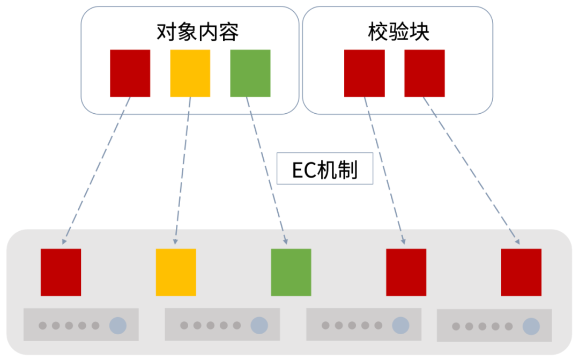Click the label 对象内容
pos(197,32)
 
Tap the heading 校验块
pos(398,32)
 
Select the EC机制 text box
pos(324,168)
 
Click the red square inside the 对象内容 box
pos(130,73)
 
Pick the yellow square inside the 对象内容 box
pos(190,73)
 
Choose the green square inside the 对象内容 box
pos(250,73)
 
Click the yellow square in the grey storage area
pos(176,273)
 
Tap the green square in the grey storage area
pos(291,273)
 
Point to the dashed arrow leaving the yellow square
pos(183,171)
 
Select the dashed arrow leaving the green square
pos(266,171)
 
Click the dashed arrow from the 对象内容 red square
pos(96,171)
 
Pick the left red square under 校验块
pos(365,73)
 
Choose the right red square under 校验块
pos(425,73)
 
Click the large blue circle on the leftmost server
pos(118,326)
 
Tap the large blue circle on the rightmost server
pos(531,326)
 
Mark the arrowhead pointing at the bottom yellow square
pos(175,242)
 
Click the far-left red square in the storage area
pos(61,273)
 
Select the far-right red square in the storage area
pos(521,273)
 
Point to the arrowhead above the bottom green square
pos(285,241)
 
